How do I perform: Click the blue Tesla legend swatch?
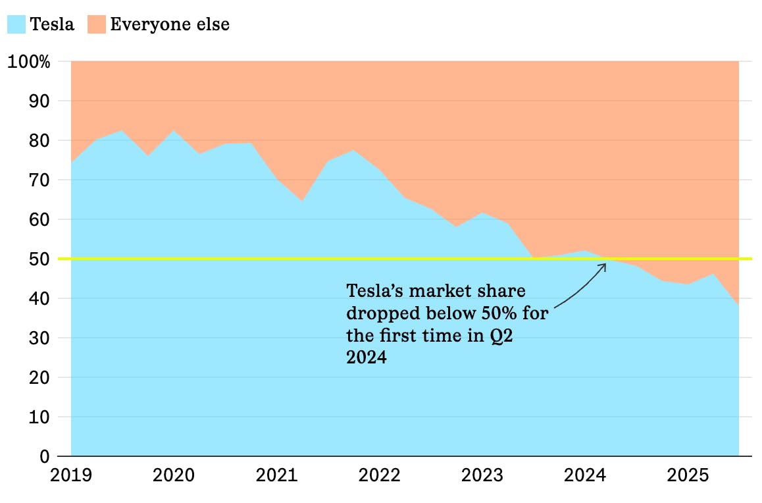[16, 25]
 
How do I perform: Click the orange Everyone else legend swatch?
[96, 25]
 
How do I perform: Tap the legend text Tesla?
[52, 25]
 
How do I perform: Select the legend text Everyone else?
[170, 25]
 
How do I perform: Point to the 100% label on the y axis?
[28, 62]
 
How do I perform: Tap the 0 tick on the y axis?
[44, 457]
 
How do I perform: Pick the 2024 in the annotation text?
[367, 358]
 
